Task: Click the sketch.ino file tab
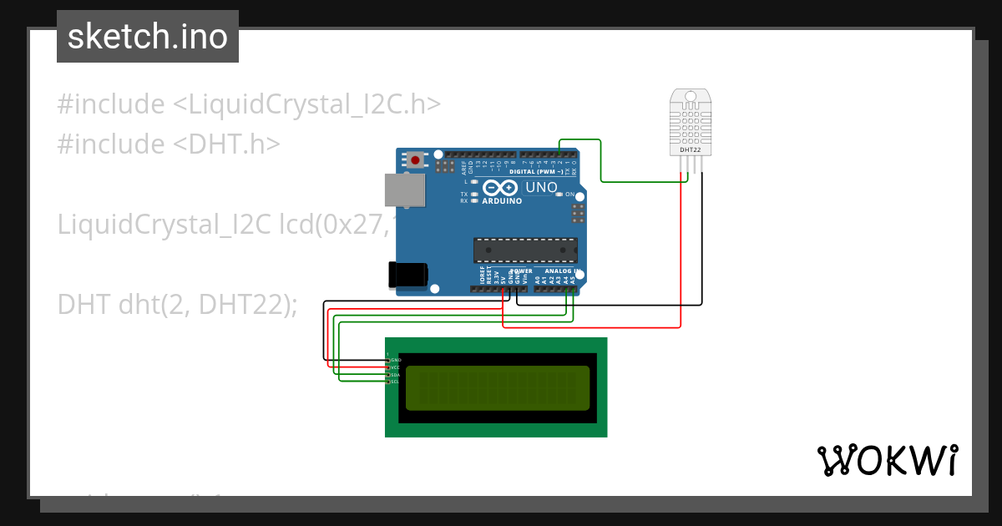point(148,37)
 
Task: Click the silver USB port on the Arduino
point(404,190)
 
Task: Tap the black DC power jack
point(408,275)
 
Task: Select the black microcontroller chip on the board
point(525,250)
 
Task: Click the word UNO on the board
point(541,188)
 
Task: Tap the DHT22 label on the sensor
point(690,150)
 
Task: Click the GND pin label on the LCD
point(396,360)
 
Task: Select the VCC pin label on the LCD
point(396,367)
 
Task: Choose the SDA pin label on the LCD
point(396,375)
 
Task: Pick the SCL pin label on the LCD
point(396,382)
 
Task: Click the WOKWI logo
point(888,461)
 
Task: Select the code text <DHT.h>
point(226,144)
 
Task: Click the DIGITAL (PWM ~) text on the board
point(534,172)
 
